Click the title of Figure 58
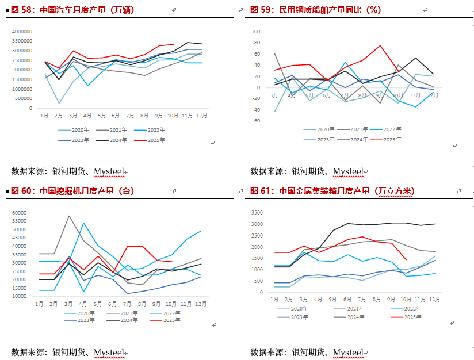coord(72,10)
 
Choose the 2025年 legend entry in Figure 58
coord(154,140)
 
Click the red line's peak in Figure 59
coord(380,46)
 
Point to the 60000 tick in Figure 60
coord(20,213)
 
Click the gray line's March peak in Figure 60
coord(69,216)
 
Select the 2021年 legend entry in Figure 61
coord(358,309)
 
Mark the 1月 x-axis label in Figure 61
coord(274,300)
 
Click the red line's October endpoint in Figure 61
coord(406,259)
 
